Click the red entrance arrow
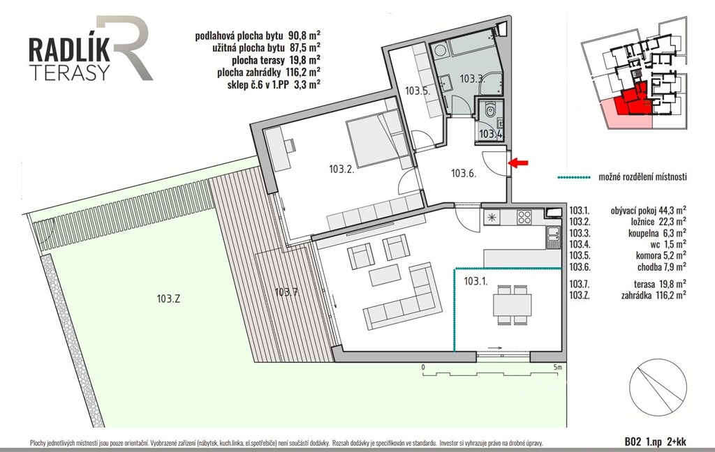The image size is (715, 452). [x=519, y=163]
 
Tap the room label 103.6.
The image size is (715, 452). [x=464, y=173]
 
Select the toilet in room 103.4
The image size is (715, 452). [x=490, y=110]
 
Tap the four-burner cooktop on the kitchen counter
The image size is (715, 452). [x=524, y=218]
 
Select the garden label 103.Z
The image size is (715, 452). [x=168, y=299]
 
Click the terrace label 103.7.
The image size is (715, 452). [x=287, y=292]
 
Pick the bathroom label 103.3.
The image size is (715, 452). [x=471, y=79]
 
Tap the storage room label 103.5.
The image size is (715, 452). [x=418, y=90]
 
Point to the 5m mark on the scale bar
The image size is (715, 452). [x=557, y=367]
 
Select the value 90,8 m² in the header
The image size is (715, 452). [x=304, y=35]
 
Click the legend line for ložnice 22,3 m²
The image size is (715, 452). [x=628, y=222]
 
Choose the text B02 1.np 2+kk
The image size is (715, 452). [x=655, y=441]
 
